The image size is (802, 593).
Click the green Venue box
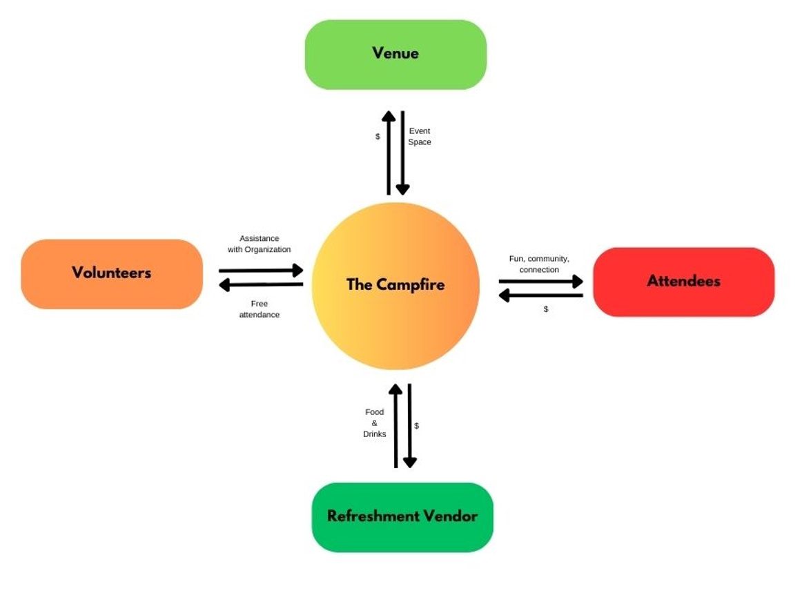click(x=395, y=55)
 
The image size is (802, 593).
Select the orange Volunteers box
click(x=112, y=273)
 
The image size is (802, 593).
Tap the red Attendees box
click(x=683, y=282)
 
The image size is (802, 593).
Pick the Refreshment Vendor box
click(x=402, y=517)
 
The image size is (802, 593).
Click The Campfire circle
click(x=395, y=285)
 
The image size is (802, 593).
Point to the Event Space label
click(x=420, y=136)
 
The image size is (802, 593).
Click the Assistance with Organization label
click(x=260, y=244)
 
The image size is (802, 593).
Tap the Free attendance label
click(x=260, y=309)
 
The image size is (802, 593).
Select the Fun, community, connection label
click(x=539, y=264)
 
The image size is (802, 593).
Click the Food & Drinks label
click(x=375, y=422)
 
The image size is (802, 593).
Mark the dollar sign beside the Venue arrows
click(x=378, y=137)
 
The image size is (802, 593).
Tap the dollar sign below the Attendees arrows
click(x=546, y=309)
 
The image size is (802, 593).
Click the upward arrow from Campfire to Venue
click(x=389, y=152)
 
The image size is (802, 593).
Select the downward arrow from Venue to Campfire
click(x=402, y=152)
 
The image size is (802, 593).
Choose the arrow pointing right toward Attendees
click(x=541, y=281)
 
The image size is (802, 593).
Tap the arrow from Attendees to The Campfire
click(x=541, y=295)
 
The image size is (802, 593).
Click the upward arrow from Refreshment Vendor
click(x=395, y=425)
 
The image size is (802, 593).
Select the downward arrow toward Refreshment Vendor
click(x=410, y=425)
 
